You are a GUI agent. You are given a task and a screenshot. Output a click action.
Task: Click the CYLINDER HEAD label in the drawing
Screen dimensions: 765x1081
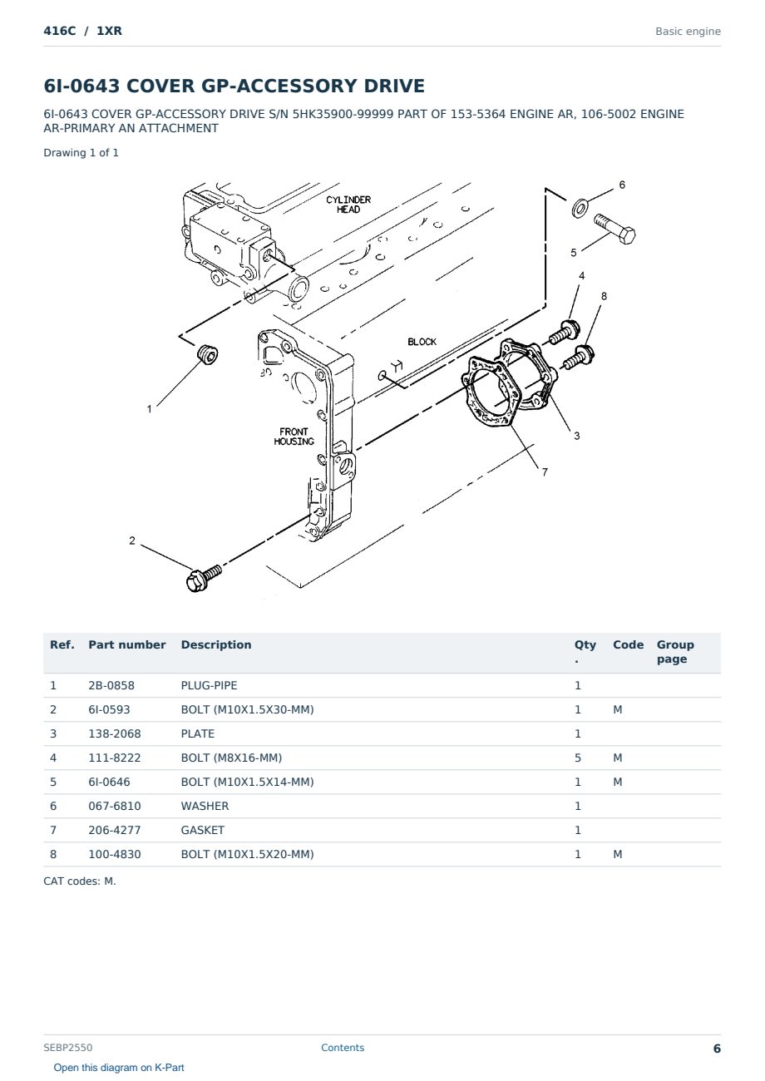point(348,204)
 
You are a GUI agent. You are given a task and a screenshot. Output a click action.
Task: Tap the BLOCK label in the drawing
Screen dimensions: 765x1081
point(422,342)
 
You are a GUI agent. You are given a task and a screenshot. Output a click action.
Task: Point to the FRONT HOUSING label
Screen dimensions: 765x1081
point(294,437)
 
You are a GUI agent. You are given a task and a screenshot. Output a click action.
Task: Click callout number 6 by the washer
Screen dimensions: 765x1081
point(622,185)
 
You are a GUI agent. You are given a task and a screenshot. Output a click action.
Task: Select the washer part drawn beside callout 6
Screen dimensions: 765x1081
point(580,208)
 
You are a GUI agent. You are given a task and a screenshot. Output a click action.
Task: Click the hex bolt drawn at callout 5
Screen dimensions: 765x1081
point(614,229)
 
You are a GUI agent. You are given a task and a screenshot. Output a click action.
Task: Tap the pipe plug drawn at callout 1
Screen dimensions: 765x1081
point(208,355)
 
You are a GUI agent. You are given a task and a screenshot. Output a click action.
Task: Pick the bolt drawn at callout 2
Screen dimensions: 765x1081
point(203,578)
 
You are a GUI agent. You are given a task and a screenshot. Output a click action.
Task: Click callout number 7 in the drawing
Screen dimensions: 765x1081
point(545,472)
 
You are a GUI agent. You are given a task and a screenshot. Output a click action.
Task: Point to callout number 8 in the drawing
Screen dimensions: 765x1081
point(604,296)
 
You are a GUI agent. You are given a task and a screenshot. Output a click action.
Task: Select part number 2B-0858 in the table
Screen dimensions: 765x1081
point(111,685)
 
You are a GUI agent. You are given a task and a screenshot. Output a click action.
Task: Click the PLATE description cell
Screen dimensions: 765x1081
point(197,733)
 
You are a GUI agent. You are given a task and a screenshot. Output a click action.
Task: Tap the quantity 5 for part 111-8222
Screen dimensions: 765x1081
point(578,758)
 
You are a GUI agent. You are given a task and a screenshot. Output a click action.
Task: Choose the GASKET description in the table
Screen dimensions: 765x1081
point(202,830)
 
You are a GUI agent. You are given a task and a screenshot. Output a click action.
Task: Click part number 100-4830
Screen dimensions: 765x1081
point(115,854)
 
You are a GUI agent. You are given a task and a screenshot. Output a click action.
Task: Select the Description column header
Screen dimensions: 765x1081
point(215,644)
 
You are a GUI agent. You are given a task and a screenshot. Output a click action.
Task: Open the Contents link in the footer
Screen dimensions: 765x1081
point(343,1048)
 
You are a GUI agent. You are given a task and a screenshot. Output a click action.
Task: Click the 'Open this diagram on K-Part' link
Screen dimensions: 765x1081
point(119,1068)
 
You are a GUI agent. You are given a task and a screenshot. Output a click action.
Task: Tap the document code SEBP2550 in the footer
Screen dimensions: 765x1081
point(68,1048)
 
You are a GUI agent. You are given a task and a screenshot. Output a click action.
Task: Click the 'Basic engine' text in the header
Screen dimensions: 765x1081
point(688,32)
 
